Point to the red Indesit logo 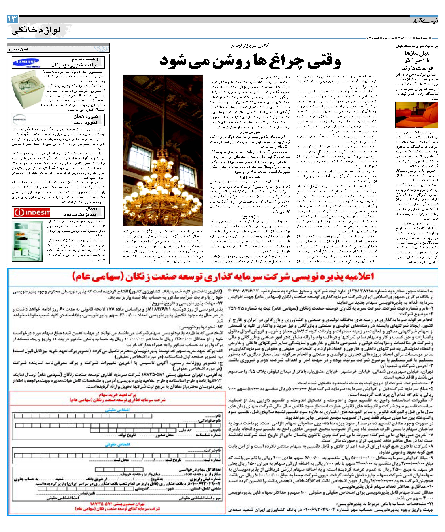point(32,212)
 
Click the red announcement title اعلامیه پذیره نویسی point(223,276)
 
